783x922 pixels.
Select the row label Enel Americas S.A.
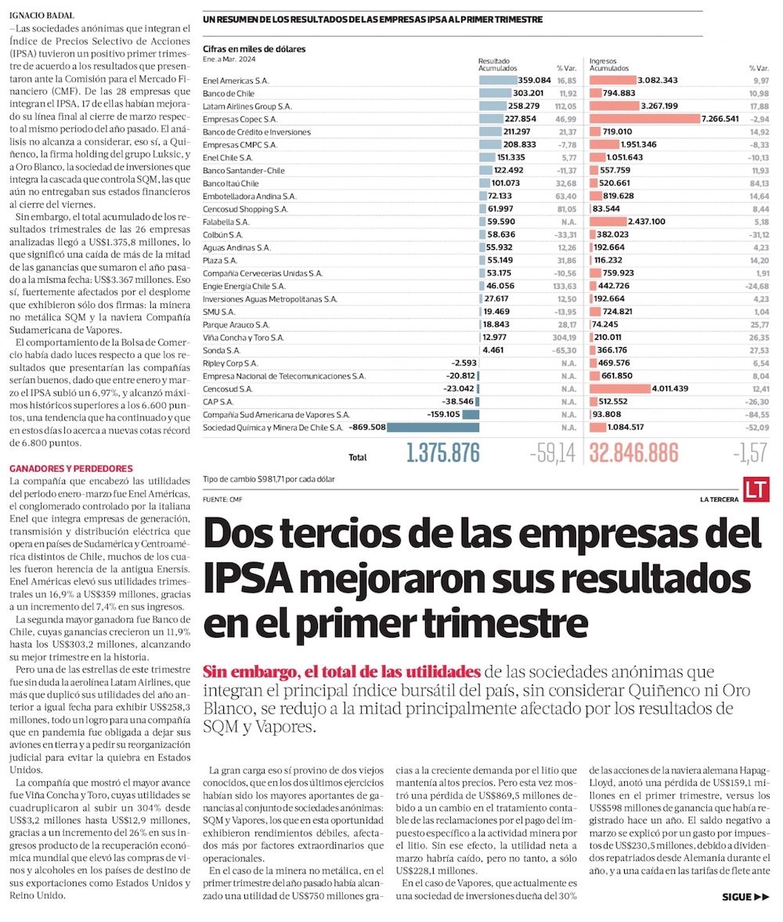point(236,81)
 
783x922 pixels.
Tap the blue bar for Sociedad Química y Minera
point(433,428)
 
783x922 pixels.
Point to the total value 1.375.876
point(442,454)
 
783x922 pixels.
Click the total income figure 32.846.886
point(644,454)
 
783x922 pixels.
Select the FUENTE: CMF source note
point(222,498)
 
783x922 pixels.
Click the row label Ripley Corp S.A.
point(230,363)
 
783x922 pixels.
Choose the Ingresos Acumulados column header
point(610,65)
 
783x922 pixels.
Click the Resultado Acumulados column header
point(496,65)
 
